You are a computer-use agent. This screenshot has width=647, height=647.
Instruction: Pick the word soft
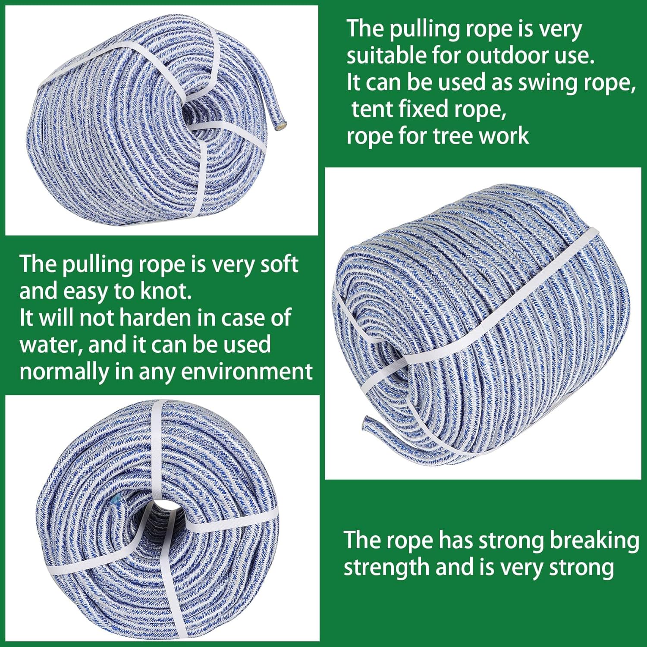click(280, 264)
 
